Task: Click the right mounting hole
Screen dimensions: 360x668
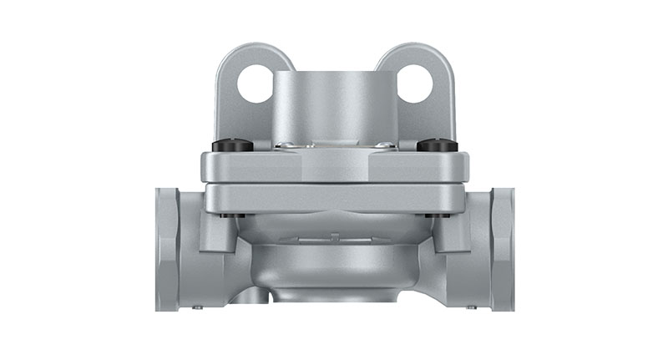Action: point(415,84)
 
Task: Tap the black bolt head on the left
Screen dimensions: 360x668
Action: point(232,145)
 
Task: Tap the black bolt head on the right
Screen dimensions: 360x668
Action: point(435,145)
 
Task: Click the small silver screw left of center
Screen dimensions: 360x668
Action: point(285,145)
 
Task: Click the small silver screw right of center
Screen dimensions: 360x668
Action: point(383,145)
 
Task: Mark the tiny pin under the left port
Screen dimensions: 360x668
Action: point(197,307)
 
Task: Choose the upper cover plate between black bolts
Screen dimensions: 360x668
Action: point(334,165)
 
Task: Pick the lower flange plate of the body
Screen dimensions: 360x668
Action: point(334,198)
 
